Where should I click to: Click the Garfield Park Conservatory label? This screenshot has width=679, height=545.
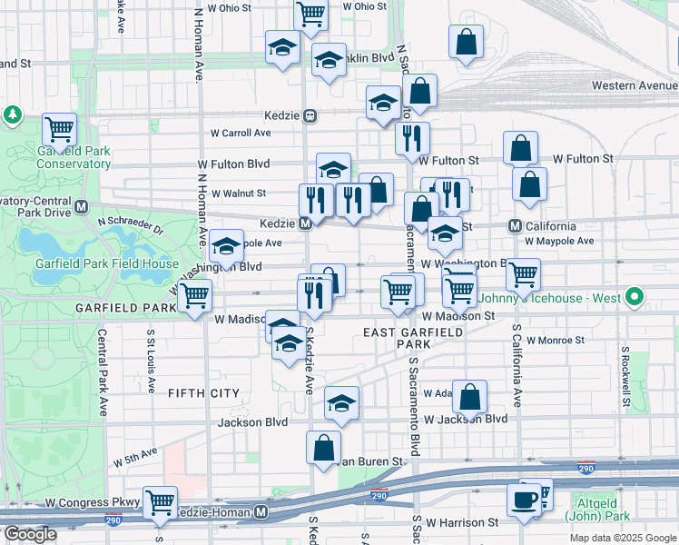pyautogui.click(x=74, y=157)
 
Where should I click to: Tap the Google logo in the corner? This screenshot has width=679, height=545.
pyautogui.click(x=30, y=534)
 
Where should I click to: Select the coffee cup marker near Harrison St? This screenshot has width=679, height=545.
pyautogui.click(x=524, y=500)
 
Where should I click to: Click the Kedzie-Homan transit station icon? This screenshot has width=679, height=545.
pyautogui.click(x=261, y=512)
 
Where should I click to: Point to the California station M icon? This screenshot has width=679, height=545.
pyautogui.click(x=514, y=226)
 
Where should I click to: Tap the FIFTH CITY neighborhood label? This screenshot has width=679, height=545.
pyautogui.click(x=203, y=393)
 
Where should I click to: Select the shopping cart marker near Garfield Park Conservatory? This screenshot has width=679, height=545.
pyautogui.click(x=59, y=129)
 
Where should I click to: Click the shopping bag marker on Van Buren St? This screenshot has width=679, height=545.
pyautogui.click(x=324, y=447)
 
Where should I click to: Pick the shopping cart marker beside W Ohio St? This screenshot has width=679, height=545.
pyautogui.click(x=310, y=14)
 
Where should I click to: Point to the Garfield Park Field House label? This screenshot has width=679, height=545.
pyautogui.click(x=106, y=264)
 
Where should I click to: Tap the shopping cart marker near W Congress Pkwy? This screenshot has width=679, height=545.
pyautogui.click(x=160, y=501)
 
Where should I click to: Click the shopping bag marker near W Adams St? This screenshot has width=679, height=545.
pyautogui.click(x=469, y=396)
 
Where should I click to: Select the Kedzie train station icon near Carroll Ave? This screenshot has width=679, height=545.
pyautogui.click(x=310, y=116)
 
